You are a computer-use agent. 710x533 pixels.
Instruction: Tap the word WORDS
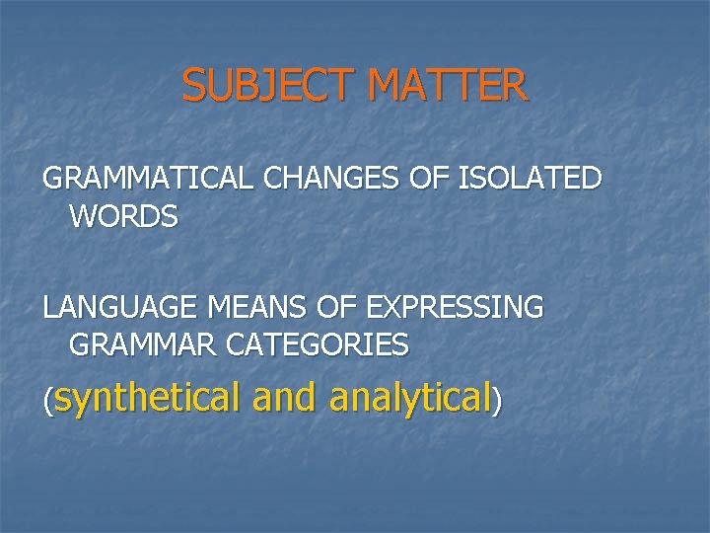(x=124, y=216)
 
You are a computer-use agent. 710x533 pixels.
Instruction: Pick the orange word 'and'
(x=285, y=397)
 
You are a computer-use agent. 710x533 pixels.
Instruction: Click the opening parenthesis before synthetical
(x=46, y=401)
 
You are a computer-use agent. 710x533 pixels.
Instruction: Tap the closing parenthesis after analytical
(x=497, y=401)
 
